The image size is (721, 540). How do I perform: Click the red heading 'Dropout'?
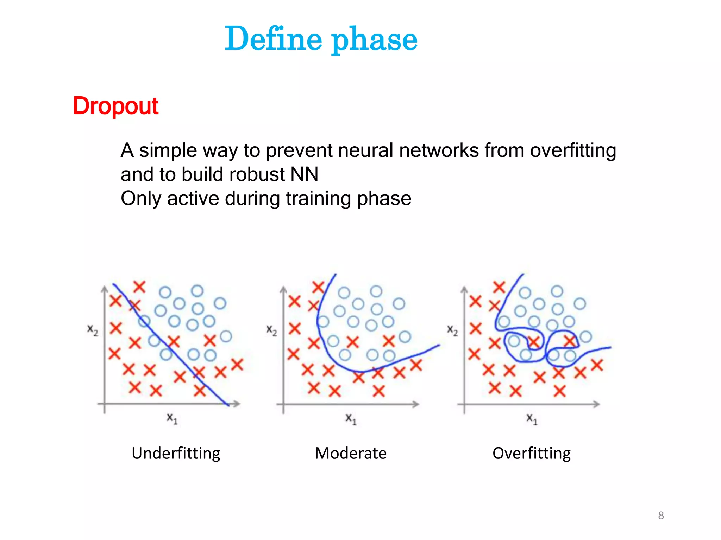point(115,106)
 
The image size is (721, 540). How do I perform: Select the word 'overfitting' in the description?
point(573,150)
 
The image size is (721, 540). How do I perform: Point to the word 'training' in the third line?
point(318,199)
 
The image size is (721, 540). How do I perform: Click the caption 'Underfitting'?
point(176,453)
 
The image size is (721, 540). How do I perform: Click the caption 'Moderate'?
point(351,453)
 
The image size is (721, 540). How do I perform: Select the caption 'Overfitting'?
point(531,453)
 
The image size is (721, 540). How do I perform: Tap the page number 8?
point(661,515)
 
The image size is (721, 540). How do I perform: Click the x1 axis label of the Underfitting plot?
point(172,418)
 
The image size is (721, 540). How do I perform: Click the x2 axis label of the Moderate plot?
point(271,330)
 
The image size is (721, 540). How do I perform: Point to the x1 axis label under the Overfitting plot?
point(532,418)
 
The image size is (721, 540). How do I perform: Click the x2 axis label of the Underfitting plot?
point(93,330)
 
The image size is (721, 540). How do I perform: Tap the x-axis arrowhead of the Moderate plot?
point(416,404)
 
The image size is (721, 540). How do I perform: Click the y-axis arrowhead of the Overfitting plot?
point(464,289)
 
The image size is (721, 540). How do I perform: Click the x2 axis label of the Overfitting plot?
point(452,330)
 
